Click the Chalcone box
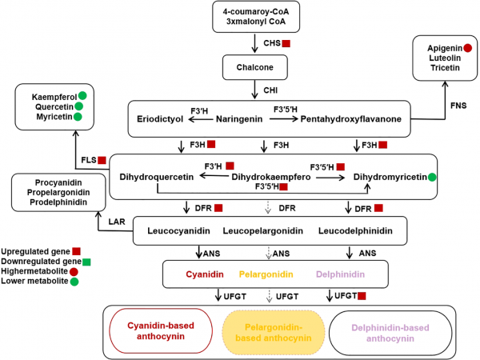tap(254, 67)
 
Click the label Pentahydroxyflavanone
tap(350, 119)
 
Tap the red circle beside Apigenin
tap(466, 48)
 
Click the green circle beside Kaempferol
tap(82, 97)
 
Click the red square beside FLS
tap(102, 160)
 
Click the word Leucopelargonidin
tap(263, 231)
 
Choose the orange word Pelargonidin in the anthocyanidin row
tap(263, 274)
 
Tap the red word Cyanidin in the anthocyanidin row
tap(206, 274)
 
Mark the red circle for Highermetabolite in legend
tap(75, 271)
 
